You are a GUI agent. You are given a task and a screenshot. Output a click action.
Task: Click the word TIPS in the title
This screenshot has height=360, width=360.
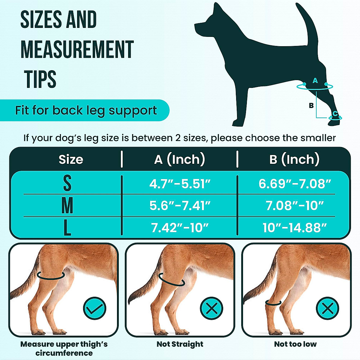(40, 79)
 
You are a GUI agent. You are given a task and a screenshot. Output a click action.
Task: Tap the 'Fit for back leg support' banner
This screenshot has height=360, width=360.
(86, 110)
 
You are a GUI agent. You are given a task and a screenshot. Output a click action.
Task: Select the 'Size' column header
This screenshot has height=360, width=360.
(71, 159)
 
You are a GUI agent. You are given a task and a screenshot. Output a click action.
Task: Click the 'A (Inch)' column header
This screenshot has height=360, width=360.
(179, 159)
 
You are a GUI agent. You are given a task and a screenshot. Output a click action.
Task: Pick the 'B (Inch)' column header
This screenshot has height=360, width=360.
(294, 159)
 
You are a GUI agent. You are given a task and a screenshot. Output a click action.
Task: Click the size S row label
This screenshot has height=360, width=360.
(67, 183)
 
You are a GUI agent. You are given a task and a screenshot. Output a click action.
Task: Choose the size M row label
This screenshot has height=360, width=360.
(67, 205)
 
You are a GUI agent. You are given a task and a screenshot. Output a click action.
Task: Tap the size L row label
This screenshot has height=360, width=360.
(67, 228)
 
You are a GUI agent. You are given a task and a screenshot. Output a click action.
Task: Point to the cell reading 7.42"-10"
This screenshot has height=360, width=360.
(180, 228)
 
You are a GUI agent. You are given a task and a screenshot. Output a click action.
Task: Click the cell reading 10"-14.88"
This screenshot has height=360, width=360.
(295, 228)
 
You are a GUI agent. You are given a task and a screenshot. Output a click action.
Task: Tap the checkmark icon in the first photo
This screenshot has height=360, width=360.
(94, 308)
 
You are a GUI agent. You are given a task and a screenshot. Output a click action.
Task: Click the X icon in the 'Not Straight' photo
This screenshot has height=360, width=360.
(211, 308)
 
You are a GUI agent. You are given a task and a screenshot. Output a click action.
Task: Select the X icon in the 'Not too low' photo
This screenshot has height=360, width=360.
(327, 308)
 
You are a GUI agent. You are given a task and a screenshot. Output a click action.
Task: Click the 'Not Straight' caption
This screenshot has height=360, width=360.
(180, 344)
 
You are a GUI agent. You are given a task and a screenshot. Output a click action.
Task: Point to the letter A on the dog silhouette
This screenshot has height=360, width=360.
(315, 80)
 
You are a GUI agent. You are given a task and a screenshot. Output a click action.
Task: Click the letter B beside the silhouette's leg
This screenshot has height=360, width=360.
(311, 105)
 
